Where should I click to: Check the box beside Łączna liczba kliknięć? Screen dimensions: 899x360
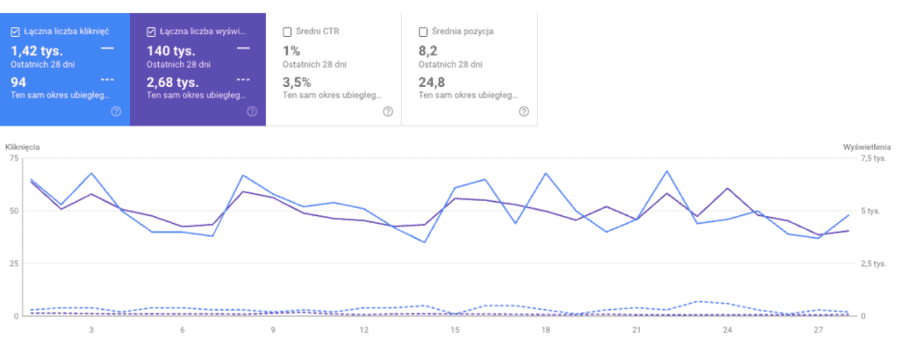[x=16, y=32]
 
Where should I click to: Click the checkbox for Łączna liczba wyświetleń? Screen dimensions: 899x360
[x=151, y=32]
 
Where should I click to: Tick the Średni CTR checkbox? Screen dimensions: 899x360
[x=287, y=32]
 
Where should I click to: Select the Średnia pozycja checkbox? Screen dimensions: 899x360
[x=423, y=32]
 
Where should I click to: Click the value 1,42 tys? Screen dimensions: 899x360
[x=37, y=51]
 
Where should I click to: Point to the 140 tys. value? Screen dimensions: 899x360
[x=171, y=51]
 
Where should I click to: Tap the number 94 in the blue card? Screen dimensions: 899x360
[x=18, y=82]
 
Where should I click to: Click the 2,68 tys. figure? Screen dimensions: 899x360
[x=173, y=82]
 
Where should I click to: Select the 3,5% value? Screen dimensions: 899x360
[x=297, y=82]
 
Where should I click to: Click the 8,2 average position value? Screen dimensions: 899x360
[x=428, y=51]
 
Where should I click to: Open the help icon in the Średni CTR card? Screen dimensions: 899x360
[x=387, y=112]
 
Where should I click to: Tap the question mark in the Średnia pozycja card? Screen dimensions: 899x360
[x=523, y=112]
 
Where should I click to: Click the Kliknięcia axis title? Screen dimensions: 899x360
[x=22, y=148]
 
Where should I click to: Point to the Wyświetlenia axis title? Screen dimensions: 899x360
[x=867, y=148]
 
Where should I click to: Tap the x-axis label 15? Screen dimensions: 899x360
[x=456, y=329]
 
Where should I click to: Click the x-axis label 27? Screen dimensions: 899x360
[x=818, y=329]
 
